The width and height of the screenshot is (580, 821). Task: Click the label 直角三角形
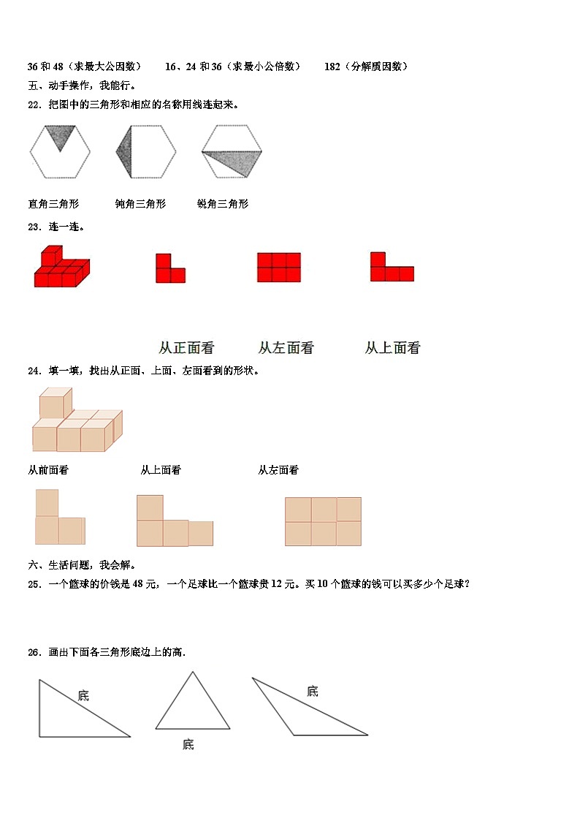pyautogui.click(x=53, y=204)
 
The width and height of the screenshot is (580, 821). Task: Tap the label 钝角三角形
pyautogui.click(x=140, y=204)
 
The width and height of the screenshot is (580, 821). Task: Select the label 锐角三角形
pyautogui.click(x=223, y=204)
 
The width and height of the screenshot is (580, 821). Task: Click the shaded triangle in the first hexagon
pyautogui.click(x=60, y=135)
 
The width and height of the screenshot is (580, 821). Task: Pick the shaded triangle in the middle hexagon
pyautogui.click(x=124, y=151)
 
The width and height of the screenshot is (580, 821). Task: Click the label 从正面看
pyautogui.click(x=186, y=348)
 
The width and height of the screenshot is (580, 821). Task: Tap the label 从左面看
pyautogui.click(x=286, y=348)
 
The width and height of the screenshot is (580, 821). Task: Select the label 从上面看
pyautogui.click(x=392, y=348)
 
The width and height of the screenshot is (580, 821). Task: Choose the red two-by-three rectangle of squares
pyautogui.click(x=278, y=268)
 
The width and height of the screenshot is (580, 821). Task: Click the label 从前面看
pyautogui.click(x=48, y=470)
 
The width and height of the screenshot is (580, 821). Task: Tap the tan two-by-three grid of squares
pyautogui.click(x=323, y=521)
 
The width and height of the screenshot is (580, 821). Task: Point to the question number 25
pyautogui.click(x=34, y=583)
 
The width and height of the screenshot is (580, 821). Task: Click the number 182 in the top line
pyautogui.click(x=332, y=67)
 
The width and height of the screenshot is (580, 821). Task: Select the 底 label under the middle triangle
pyautogui.click(x=188, y=744)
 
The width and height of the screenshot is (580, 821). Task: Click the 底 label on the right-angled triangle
pyautogui.click(x=84, y=695)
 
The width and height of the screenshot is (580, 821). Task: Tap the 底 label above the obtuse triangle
pyautogui.click(x=313, y=691)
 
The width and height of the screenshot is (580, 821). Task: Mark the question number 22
pyautogui.click(x=34, y=105)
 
